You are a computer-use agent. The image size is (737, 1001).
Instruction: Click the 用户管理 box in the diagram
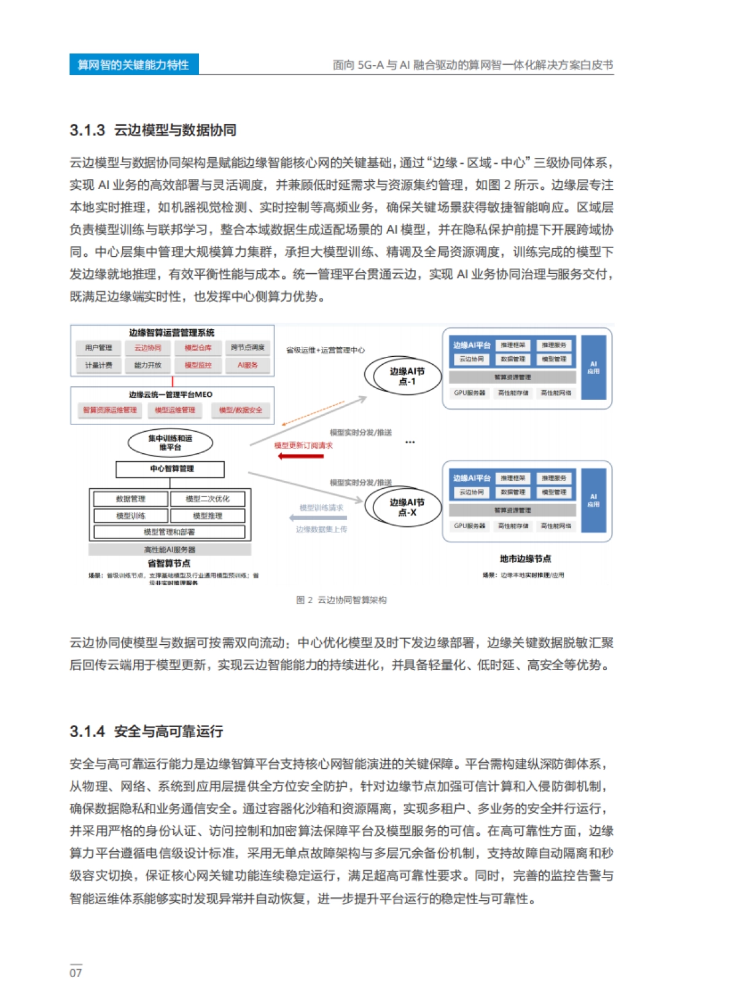pos(98,348)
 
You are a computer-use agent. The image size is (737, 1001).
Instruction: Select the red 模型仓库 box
pos(198,348)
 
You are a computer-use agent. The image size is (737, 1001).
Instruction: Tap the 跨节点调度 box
pos(248,348)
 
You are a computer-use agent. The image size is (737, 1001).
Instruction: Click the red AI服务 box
pos(248,365)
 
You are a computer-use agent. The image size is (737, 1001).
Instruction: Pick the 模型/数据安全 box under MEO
pos(241,410)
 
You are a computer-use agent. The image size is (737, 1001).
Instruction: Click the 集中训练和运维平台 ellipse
pos(170,443)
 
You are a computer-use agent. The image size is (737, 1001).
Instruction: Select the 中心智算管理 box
pos(170,469)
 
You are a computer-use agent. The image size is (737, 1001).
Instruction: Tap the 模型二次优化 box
pos(208,499)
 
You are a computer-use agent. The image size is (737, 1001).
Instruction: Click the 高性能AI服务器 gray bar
pos(170,550)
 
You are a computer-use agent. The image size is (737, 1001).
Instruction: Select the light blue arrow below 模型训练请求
pos(318,518)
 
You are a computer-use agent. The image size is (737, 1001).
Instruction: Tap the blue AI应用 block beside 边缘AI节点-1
pos(593,367)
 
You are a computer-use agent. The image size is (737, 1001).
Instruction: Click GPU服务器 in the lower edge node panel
pos(470,526)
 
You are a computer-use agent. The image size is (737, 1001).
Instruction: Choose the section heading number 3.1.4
pos(87,732)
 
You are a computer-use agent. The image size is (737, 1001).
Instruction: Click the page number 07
pos(76,973)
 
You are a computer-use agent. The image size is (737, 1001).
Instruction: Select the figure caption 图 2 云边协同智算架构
pos(341,600)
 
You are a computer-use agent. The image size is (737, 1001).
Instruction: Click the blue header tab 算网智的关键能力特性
pos(134,64)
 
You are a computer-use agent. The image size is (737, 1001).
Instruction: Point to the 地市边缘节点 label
pos(525,559)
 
